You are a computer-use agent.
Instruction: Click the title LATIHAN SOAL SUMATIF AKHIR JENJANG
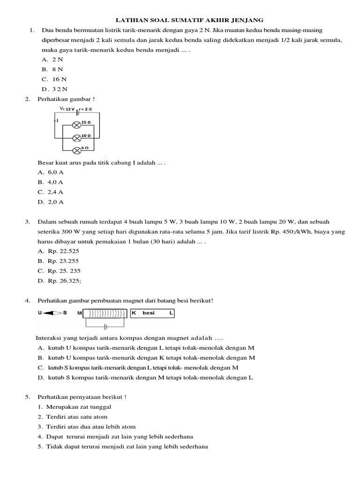pos(190,20)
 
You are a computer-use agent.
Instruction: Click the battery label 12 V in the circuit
pos(70,109)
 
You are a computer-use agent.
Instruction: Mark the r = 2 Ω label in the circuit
pos(85,109)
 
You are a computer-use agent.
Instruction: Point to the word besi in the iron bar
pos(149,312)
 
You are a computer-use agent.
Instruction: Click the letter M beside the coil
pos(80,312)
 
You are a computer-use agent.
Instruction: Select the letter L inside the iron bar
pos(171,312)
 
